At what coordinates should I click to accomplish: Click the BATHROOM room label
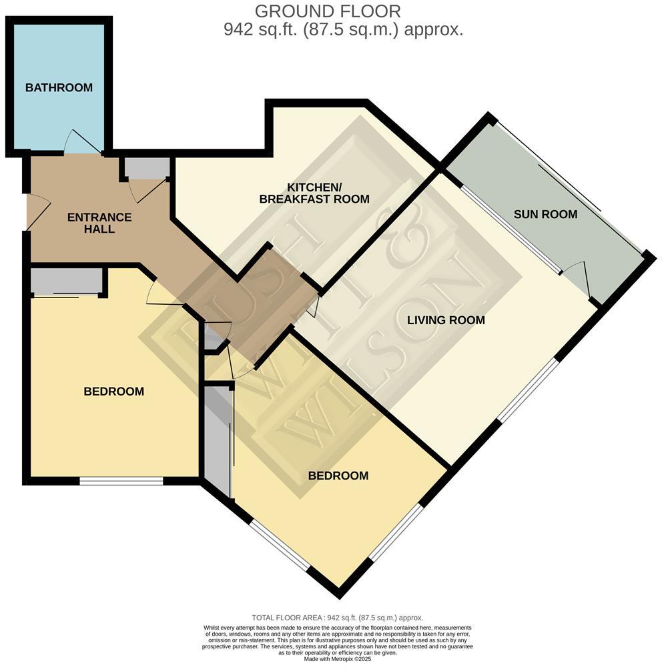pos(59,88)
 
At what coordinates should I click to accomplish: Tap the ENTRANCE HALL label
pos(99,223)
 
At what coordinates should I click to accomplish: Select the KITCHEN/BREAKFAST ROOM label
pos(314,193)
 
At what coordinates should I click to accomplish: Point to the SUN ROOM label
pos(545,214)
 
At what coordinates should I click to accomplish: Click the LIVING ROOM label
pos(446,320)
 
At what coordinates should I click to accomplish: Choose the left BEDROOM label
pos(113,392)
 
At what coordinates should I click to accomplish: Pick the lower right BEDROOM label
pos(338,476)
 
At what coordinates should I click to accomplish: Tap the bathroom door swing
pos(81,142)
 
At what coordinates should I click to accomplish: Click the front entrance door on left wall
pos(37,212)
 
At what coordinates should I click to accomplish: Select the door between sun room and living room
pos(578,278)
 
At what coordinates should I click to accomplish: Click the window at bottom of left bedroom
pos(121,480)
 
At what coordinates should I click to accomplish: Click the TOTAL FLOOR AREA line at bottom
pos(337,618)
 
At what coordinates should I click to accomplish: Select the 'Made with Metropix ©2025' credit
pos(337,658)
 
